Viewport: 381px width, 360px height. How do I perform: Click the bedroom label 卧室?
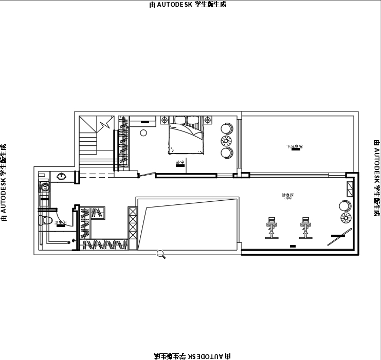(x=180, y=162)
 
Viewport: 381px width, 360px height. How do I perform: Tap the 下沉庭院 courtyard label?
(x=294, y=147)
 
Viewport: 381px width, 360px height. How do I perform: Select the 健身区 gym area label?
(x=287, y=195)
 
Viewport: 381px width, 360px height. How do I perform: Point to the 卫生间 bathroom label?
(x=61, y=222)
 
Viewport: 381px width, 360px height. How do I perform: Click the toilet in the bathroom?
(x=46, y=221)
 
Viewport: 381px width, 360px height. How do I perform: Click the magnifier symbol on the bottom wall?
(x=161, y=253)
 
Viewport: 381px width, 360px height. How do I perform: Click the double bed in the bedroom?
(x=186, y=138)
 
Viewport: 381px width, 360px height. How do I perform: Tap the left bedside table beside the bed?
(x=165, y=120)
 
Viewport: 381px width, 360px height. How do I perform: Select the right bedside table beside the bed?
(x=208, y=120)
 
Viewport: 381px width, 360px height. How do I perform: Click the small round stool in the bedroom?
(x=143, y=133)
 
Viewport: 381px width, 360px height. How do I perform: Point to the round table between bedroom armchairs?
(x=226, y=140)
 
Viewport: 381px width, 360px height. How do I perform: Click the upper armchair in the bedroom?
(x=227, y=128)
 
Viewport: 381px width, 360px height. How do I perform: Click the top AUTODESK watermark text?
(x=188, y=5)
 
